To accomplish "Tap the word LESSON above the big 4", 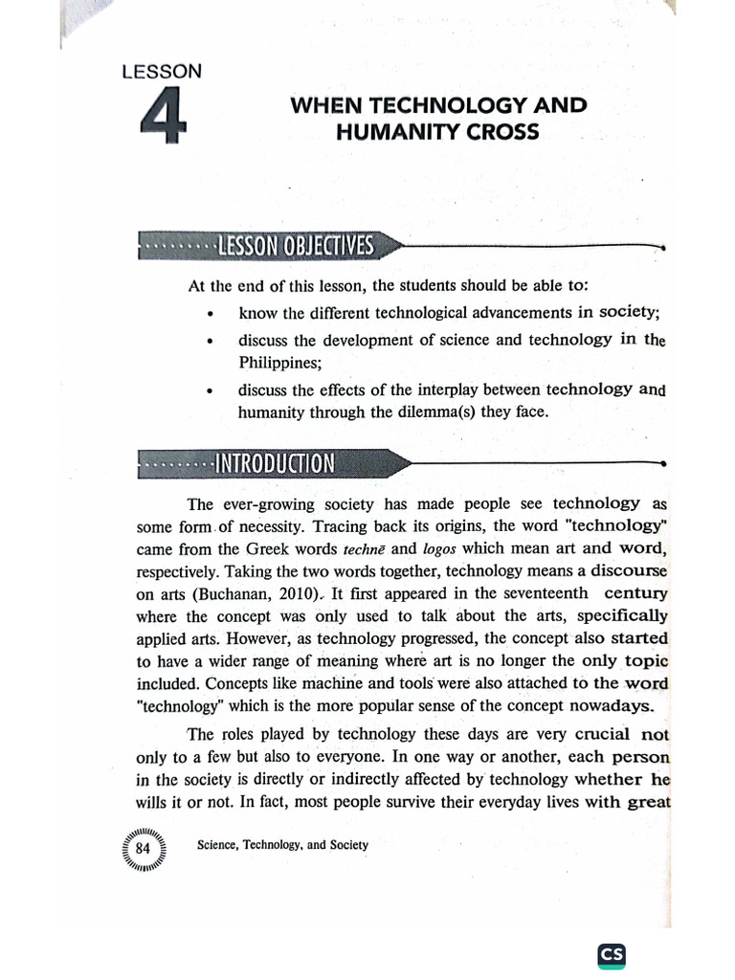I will (162, 70).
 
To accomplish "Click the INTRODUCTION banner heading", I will (275, 464).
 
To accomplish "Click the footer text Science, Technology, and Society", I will (281, 846).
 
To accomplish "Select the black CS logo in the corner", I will (612, 954).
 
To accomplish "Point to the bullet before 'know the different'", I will (210, 314).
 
